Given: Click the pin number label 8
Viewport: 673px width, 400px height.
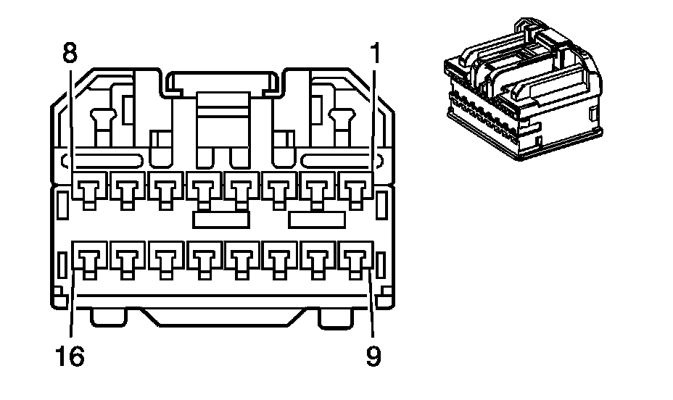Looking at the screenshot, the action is [70, 52].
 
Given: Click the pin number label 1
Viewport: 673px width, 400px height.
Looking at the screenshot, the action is [375, 52].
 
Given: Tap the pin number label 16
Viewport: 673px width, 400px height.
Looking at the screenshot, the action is [70, 357].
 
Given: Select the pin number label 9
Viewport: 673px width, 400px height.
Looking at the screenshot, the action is [373, 357].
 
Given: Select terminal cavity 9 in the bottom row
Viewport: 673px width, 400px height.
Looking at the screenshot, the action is [355, 260].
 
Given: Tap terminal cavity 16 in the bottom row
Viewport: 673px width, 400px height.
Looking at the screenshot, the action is [89, 260].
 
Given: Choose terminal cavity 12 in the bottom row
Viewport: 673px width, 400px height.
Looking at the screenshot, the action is [241, 260].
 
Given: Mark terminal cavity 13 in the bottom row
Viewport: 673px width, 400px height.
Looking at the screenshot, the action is [204, 260].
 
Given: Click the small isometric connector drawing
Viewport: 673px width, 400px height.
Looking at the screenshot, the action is [524, 89].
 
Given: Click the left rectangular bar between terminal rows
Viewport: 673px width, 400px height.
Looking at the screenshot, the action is [221, 219].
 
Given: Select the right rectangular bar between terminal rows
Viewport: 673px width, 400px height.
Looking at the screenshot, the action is [317, 219].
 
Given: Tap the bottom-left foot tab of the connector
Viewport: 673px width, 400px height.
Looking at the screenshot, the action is [109, 317].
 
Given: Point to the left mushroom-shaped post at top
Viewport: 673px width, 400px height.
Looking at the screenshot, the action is [103, 127].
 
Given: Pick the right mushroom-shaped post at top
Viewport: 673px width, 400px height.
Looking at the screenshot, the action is [342, 127].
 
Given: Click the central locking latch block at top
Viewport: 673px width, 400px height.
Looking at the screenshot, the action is [223, 128].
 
